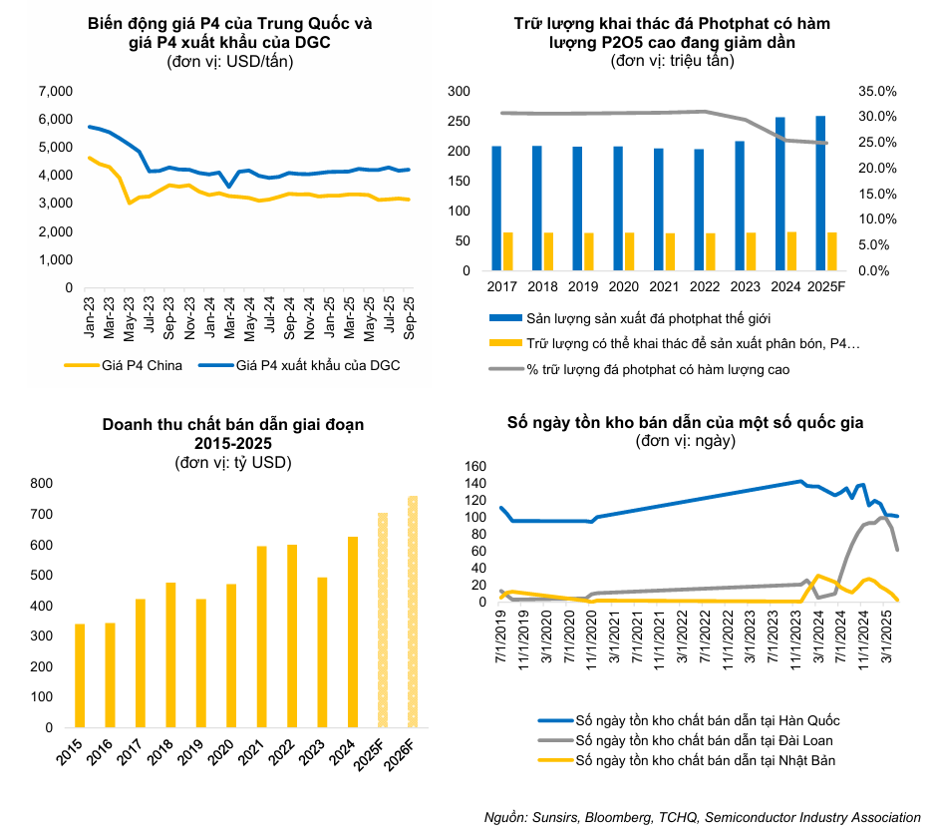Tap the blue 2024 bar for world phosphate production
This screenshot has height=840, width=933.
(779, 194)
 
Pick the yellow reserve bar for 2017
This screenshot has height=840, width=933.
(508, 251)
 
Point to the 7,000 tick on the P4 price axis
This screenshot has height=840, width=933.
(56, 92)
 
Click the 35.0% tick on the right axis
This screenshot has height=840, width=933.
(878, 92)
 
